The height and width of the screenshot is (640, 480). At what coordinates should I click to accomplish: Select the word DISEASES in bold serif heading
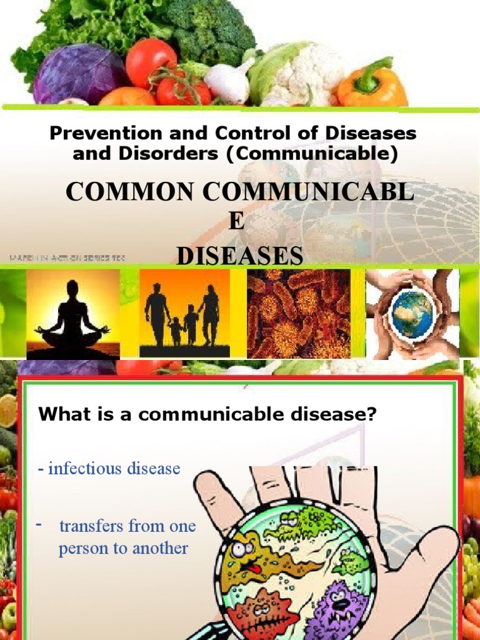point(241,256)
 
